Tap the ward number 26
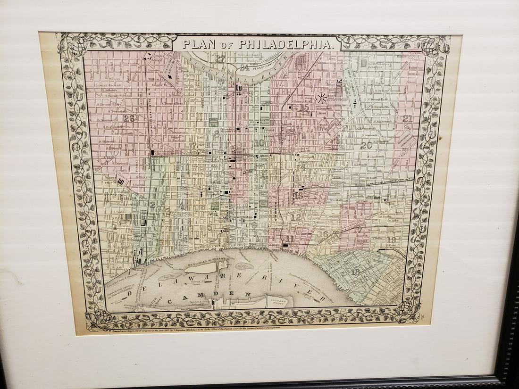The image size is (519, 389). pos(129,119)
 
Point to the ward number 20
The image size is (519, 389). pos(366,145)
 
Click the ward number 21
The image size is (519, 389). pos(408,119)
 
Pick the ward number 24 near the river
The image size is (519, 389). pos(244,67)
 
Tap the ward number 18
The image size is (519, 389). pos(356,272)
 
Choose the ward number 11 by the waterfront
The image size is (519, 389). pos(289,239)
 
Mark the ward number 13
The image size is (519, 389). pos(298,195)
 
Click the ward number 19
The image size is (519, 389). pos(391,240)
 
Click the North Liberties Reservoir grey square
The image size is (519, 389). pos(364,62)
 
